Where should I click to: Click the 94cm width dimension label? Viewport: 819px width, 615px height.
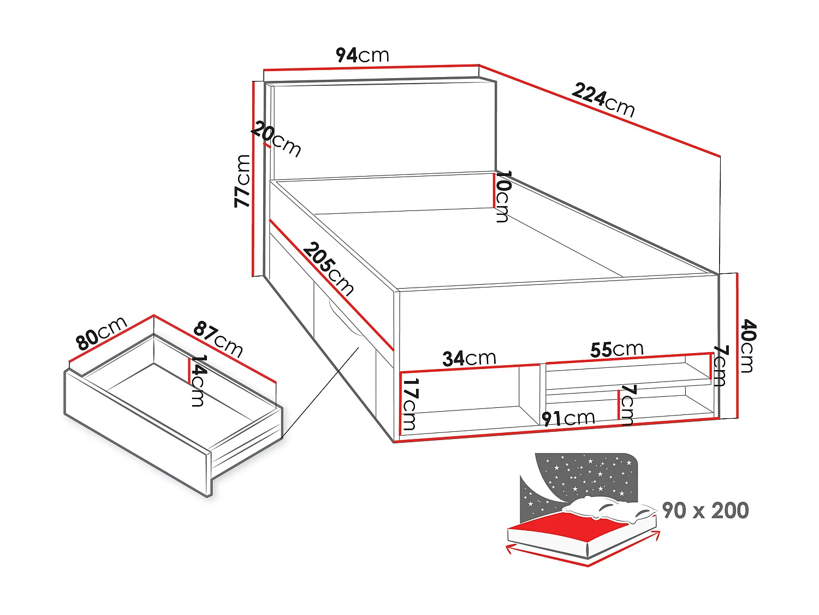[x=362, y=55]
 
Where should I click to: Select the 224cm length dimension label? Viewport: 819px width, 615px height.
[x=603, y=99]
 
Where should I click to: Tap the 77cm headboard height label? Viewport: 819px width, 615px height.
[x=242, y=181]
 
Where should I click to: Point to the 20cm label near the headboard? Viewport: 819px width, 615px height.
[x=276, y=140]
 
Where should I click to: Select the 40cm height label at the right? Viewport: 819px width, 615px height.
[x=747, y=347]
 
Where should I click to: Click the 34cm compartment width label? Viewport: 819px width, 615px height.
[x=469, y=359]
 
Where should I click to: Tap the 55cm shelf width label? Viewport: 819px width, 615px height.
[x=616, y=349]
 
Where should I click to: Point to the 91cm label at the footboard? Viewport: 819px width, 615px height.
[x=568, y=419]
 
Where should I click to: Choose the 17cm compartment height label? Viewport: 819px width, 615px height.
[x=410, y=403]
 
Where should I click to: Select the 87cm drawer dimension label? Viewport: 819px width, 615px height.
[x=218, y=339]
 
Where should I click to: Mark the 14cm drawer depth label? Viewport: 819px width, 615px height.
[x=198, y=381]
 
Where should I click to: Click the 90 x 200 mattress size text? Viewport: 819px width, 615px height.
[x=705, y=511]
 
